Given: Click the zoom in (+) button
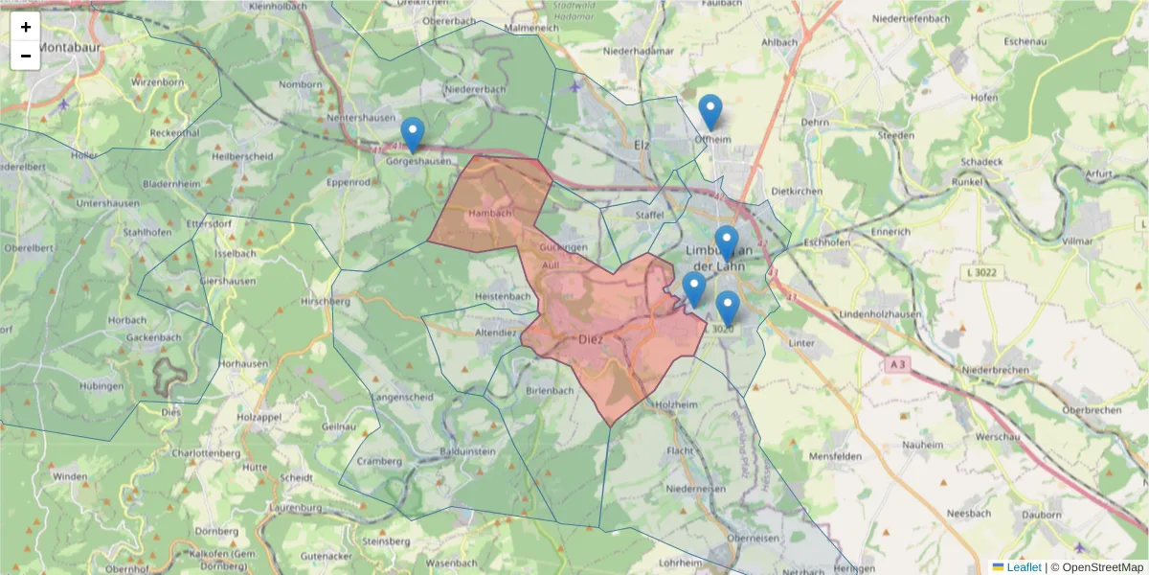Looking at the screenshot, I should click(26, 27).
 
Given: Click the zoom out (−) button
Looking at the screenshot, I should click(26, 56).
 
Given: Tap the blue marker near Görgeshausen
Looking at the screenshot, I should click(413, 135).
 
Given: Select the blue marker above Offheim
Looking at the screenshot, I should click(710, 112).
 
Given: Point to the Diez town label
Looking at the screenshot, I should click(589, 339).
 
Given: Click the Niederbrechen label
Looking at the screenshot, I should click(995, 369).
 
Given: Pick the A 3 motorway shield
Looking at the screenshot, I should click(896, 364).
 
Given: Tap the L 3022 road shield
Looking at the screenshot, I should click(980, 274).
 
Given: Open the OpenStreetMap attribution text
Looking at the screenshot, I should click(1102, 567).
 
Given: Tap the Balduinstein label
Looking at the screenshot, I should click(466, 450).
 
